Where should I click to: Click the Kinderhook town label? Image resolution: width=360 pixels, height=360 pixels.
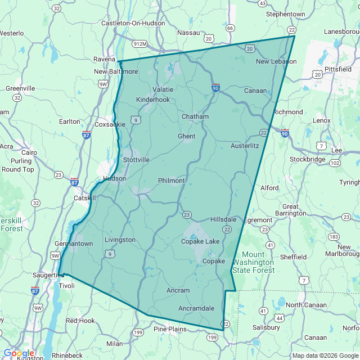(152, 100)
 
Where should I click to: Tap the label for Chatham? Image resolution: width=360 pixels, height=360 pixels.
(195, 116)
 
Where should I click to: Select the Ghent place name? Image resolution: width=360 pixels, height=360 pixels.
(186, 136)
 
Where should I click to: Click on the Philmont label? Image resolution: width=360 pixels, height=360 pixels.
(172, 181)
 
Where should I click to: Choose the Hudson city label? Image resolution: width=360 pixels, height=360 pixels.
(114, 178)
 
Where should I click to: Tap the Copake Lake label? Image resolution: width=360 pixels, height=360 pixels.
(200, 241)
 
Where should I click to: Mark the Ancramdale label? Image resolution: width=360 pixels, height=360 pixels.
(196, 308)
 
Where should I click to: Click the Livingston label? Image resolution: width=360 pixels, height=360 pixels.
(120, 240)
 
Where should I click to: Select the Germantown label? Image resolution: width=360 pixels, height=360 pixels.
(74, 244)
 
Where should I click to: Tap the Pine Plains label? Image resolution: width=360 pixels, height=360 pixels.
(170, 329)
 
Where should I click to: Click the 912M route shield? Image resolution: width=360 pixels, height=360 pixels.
(140, 44)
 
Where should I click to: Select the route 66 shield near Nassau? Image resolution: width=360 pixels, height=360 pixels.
(229, 28)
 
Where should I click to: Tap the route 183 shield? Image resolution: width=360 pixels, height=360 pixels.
(333, 237)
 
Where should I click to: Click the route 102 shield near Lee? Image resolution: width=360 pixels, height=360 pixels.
(335, 163)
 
